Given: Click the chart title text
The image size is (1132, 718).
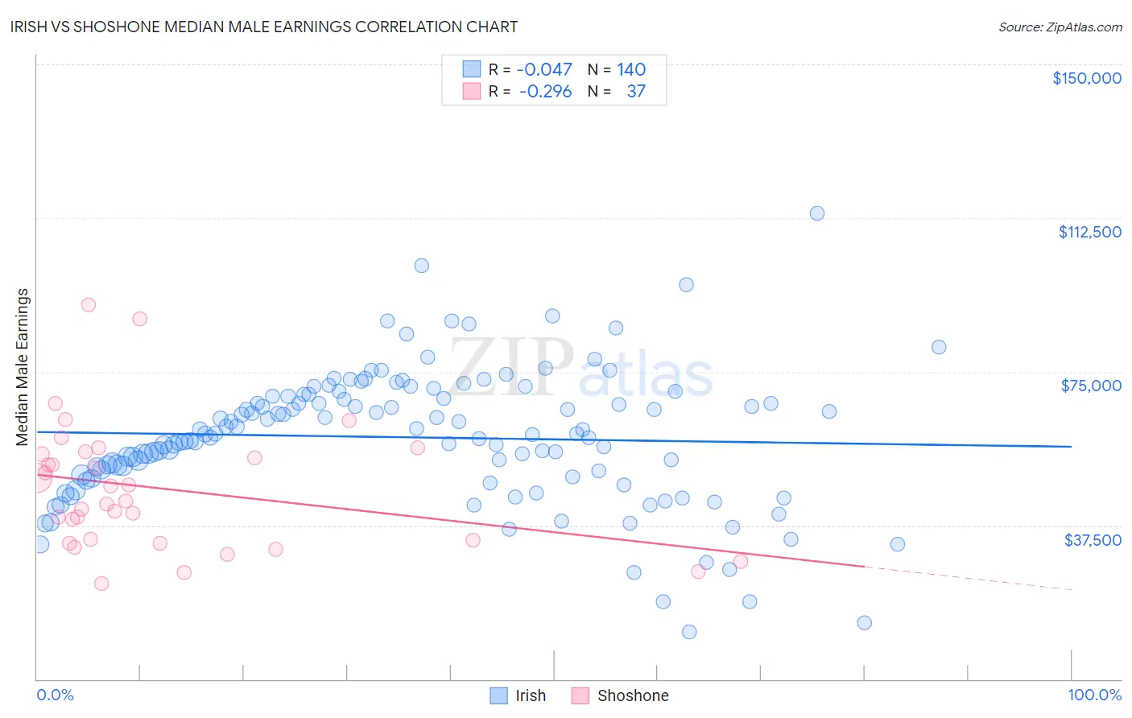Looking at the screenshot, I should [264, 27].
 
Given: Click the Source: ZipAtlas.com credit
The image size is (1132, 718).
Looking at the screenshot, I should [1060, 27].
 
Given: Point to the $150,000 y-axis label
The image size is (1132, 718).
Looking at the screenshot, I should [1086, 78].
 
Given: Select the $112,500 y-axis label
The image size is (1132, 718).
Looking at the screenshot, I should [1089, 232].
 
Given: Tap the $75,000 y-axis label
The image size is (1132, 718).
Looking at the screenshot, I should [1091, 386].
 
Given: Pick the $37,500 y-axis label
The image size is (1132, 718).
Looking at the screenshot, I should [1093, 540].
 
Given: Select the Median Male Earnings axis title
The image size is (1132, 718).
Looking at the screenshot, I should [23, 367].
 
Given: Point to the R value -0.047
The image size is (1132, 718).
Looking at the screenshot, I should [544, 70].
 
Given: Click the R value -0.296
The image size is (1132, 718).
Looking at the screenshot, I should [545, 92].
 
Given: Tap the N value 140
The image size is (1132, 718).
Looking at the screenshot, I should [631, 70].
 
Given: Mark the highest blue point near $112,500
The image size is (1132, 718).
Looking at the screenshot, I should [817, 213].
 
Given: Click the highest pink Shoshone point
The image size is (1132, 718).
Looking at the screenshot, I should [89, 305].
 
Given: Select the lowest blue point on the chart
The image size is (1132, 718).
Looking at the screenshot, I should [689, 632].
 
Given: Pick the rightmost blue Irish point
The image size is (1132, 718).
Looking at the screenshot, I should [939, 348].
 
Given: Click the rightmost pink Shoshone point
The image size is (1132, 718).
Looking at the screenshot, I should [741, 561].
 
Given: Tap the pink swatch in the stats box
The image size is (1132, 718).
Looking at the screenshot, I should [472, 92].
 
